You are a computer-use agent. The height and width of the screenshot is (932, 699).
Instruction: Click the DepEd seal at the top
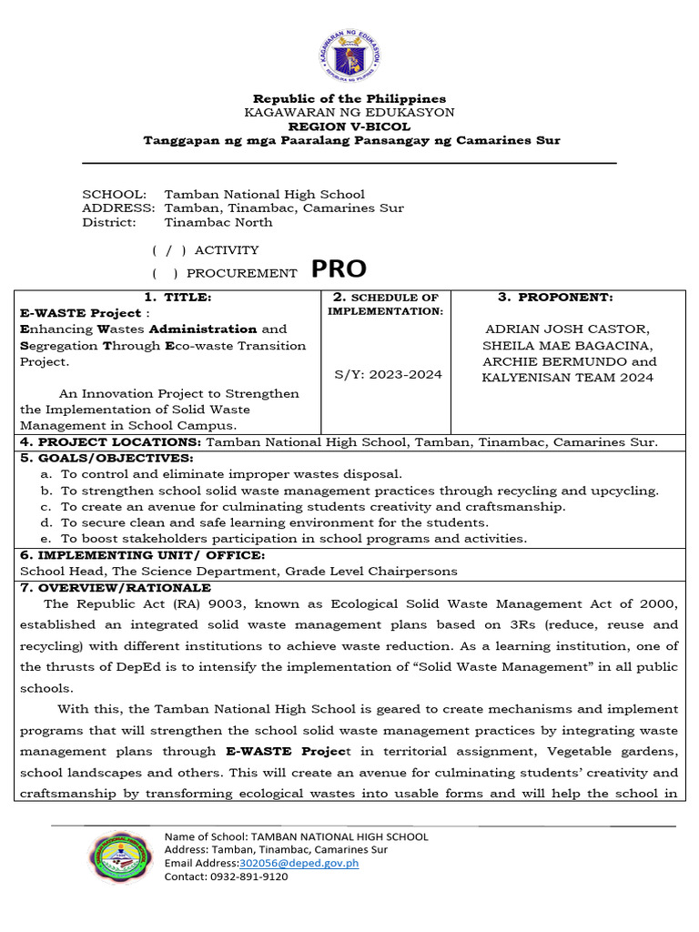coord(349,55)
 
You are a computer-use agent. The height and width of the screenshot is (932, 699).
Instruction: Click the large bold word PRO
coord(339,269)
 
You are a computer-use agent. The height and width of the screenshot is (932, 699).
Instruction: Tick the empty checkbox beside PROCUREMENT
coord(165,273)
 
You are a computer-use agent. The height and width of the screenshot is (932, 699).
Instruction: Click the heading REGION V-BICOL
coord(349,127)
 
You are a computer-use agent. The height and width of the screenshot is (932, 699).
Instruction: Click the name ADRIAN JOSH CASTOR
coord(569,329)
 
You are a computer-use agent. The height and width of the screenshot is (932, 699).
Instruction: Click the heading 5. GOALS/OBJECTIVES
coord(106,458)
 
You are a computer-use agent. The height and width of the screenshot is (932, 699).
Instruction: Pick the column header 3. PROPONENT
coord(555,298)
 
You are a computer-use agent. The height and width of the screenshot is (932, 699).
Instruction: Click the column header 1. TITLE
coord(177,298)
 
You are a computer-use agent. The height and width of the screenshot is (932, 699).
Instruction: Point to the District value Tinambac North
coord(218,222)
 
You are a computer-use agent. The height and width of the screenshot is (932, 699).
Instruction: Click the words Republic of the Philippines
coord(349,98)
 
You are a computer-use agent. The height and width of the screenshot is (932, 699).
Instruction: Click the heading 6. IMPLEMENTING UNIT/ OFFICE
coord(143,555)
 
